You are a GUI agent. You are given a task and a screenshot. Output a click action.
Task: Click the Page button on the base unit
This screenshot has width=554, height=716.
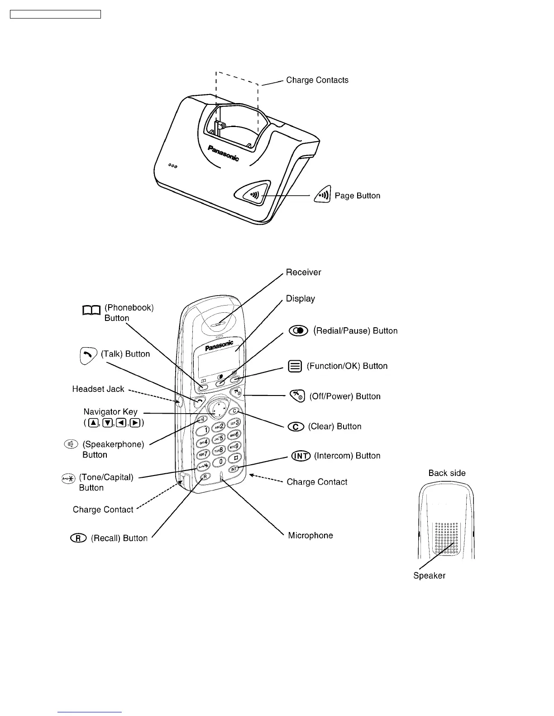tap(253, 194)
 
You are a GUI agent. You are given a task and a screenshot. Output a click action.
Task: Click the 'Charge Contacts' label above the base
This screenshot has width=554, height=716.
tap(317, 80)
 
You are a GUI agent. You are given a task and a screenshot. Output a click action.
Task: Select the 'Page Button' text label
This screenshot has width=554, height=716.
tap(357, 196)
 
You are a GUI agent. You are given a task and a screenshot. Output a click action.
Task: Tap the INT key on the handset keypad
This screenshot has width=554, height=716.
tap(234, 469)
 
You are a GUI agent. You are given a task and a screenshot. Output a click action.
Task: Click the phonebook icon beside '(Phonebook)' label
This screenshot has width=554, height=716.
tap(91, 310)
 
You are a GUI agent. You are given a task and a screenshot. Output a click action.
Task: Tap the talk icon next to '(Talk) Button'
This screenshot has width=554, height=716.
tap(88, 355)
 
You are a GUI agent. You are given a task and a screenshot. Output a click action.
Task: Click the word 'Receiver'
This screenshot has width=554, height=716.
tap(303, 272)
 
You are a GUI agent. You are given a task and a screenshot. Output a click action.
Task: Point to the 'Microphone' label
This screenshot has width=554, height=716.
tap(310, 535)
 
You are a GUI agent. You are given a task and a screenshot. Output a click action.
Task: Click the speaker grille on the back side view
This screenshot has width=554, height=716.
tap(446, 538)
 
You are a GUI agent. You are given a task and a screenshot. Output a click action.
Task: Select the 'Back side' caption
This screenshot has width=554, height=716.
tap(447, 473)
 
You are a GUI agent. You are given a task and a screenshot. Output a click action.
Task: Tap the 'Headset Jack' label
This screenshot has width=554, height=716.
tap(98, 389)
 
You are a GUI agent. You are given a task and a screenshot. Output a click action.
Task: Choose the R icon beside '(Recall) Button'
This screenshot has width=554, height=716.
tap(78, 538)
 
